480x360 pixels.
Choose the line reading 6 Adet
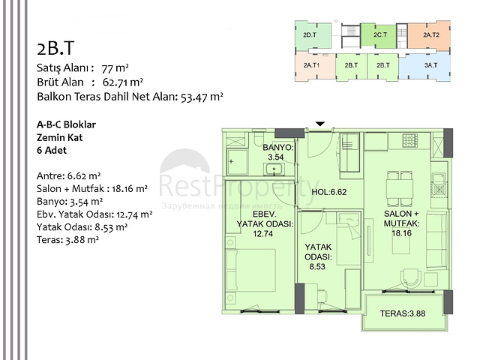click(51, 150)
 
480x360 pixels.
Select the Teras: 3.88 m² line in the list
click(67, 240)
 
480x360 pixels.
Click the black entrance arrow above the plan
click(320, 124)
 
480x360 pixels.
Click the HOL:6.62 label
click(330, 191)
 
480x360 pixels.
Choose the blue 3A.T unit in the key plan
click(430, 65)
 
